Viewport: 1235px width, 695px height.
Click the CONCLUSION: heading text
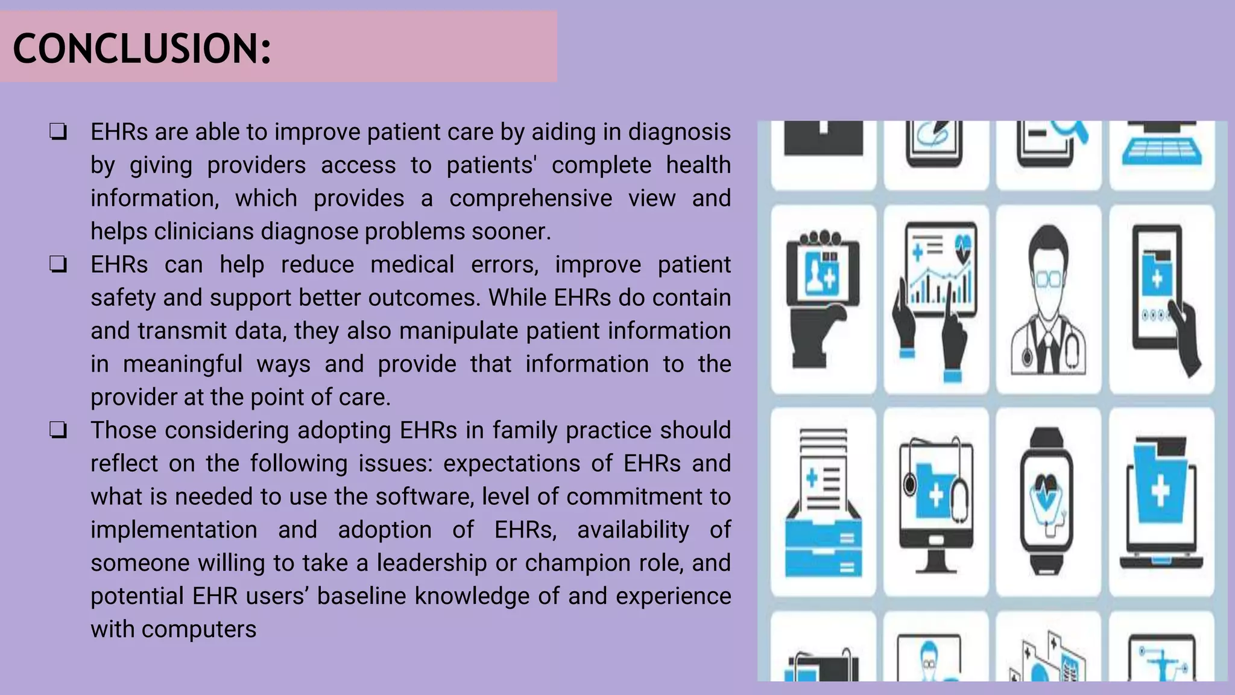pos(142,48)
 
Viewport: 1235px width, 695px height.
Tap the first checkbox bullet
pos(58,132)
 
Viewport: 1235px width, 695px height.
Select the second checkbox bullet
pos(58,264)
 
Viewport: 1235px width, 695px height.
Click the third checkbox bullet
pos(58,430)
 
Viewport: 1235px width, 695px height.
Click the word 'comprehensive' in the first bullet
pos(531,198)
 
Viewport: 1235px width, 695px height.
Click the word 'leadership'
pos(432,563)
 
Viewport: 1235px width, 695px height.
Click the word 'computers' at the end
pos(199,629)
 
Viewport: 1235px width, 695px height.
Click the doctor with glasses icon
pos(1049,300)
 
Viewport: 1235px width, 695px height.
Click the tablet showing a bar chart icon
pos(936,300)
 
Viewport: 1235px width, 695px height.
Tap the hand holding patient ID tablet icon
pos(823,300)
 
